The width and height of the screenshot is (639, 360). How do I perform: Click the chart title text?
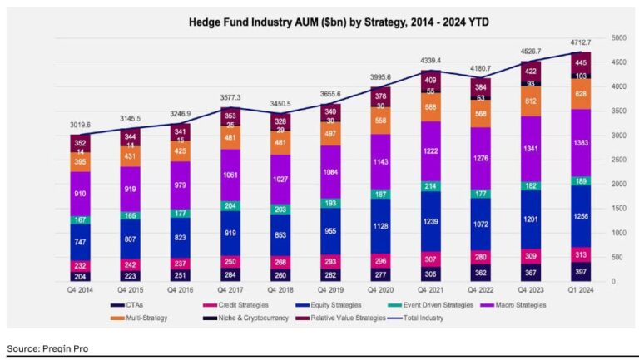[320, 21]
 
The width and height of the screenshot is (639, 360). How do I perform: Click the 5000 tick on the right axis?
[618, 38]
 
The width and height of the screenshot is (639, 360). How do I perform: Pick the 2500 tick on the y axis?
[618, 160]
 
